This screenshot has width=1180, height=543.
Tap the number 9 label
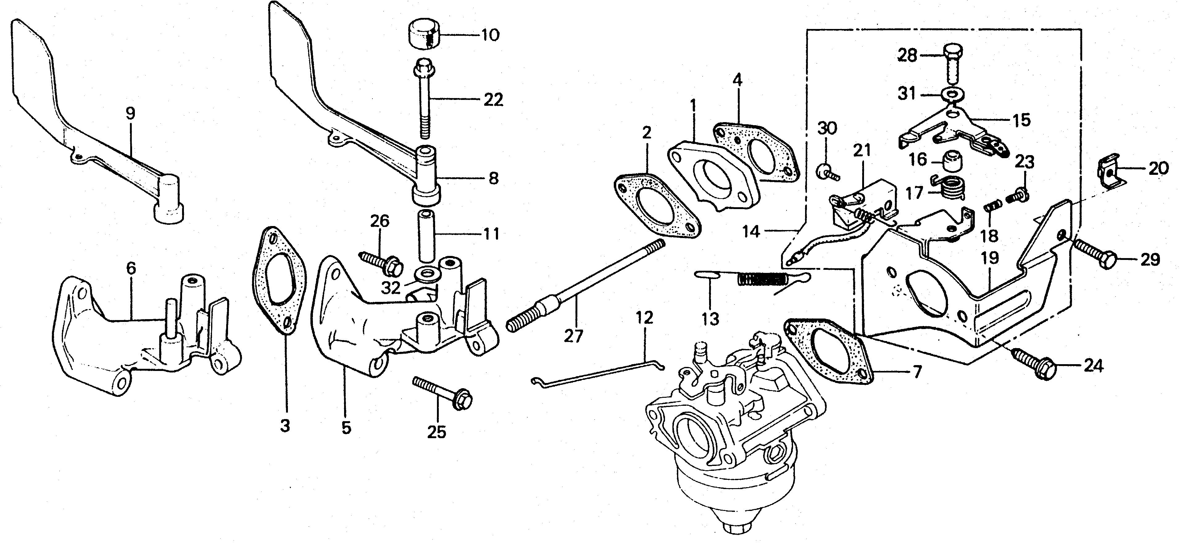pos(131,113)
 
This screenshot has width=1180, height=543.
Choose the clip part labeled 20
pos(1112,173)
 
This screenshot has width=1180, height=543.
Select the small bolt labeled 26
pos(382,262)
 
